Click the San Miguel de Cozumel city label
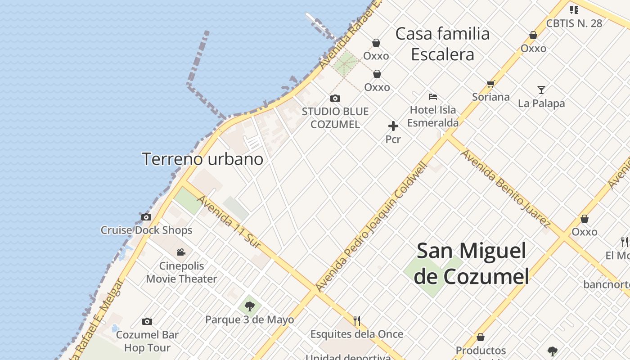(471, 263)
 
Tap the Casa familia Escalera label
(442, 44)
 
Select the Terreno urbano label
(202, 159)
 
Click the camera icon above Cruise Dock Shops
(146, 217)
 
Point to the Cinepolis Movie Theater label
(181, 272)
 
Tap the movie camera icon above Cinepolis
(181, 252)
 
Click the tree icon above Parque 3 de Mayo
(249, 307)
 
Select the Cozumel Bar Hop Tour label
(147, 341)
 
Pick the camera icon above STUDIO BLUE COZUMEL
(335, 98)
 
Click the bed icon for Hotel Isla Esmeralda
(433, 96)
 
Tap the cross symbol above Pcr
(393, 126)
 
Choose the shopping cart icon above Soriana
(490, 84)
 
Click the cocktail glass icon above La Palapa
(541, 90)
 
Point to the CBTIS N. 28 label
(574, 23)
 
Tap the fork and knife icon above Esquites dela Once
(357, 321)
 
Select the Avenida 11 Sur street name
(229, 221)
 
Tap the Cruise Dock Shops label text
(146, 230)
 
